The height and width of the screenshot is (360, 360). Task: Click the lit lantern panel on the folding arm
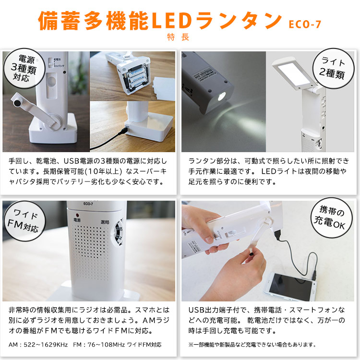tap(292, 72)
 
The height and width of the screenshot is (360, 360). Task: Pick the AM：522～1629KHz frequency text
tap(38, 344)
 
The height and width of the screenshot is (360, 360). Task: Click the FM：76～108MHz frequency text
tap(100, 344)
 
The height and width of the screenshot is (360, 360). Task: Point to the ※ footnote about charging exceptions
tap(252, 344)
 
